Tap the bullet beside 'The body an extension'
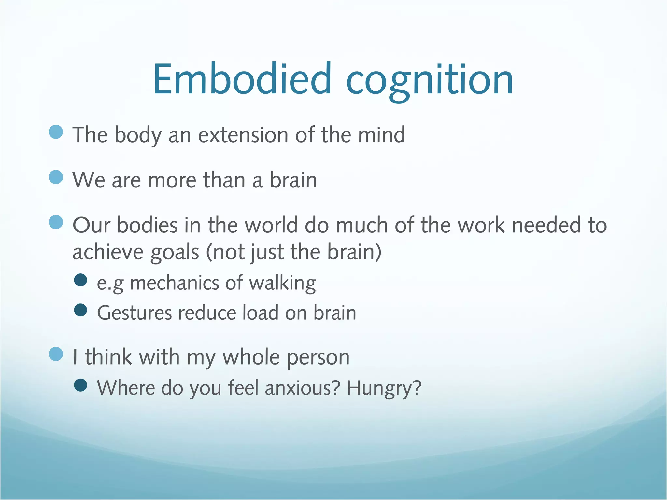click(56, 132)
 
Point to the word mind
click(381, 135)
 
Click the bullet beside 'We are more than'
click(56, 177)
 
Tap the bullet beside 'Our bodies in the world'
click(56, 222)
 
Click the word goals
click(175, 252)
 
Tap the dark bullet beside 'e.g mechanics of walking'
click(80, 280)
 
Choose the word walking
click(282, 283)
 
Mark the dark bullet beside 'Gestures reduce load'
click(80, 310)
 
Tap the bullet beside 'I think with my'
click(56, 354)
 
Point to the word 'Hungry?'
click(384, 388)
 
